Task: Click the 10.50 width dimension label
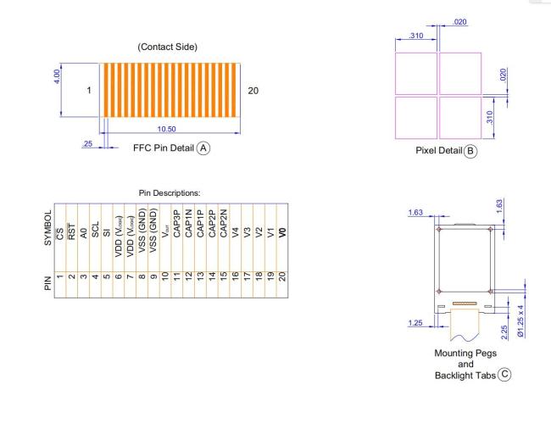[x=166, y=129]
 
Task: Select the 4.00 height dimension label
[x=57, y=76]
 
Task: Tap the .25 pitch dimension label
[x=87, y=143]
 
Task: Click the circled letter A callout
[x=203, y=148]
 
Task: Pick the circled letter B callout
[x=470, y=151]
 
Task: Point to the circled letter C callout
[x=504, y=374]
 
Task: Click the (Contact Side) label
[x=167, y=47]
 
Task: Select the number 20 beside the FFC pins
[x=253, y=91]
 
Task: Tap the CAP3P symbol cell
[x=177, y=224]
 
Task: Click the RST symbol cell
[x=72, y=231]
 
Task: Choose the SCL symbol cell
[x=95, y=229]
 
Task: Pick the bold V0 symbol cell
[x=282, y=232]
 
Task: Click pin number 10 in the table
[x=165, y=276]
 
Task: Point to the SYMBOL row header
[x=48, y=228]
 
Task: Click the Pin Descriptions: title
[x=170, y=193]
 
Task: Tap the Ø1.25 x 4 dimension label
[x=520, y=320]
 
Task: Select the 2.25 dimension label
[x=504, y=332]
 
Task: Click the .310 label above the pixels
[x=416, y=36]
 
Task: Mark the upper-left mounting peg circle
[x=439, y=229]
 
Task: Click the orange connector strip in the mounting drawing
[x=465, y=303]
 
